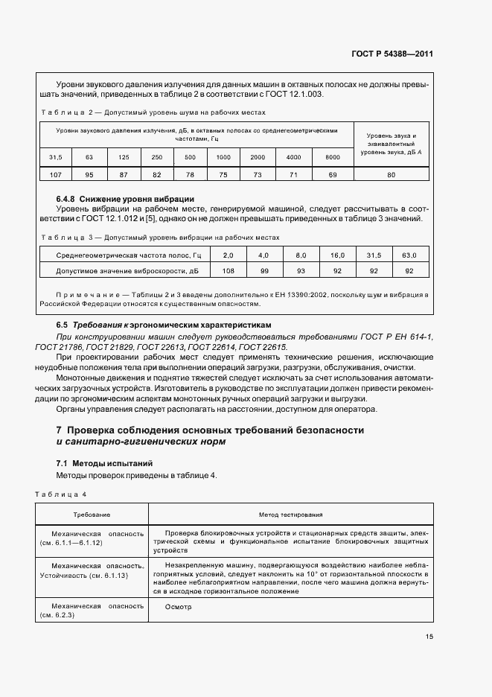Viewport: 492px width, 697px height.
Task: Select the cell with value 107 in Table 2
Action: pos(56,174)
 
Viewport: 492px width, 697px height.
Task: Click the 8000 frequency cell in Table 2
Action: pos(332,157)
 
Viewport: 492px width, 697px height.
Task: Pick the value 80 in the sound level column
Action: pos(391,174)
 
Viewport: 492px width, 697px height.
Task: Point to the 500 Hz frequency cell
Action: pos(190,157)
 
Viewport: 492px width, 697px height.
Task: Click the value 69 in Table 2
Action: pos(332,174)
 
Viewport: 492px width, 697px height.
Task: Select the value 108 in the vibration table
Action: pos(228,271)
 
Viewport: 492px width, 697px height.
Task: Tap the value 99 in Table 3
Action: pos(264,271)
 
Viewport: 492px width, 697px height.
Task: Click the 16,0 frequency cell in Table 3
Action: pos(337,255)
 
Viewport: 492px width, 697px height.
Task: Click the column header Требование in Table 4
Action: pos(92,515)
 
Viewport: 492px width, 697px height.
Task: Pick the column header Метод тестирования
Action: pos(290,515)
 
